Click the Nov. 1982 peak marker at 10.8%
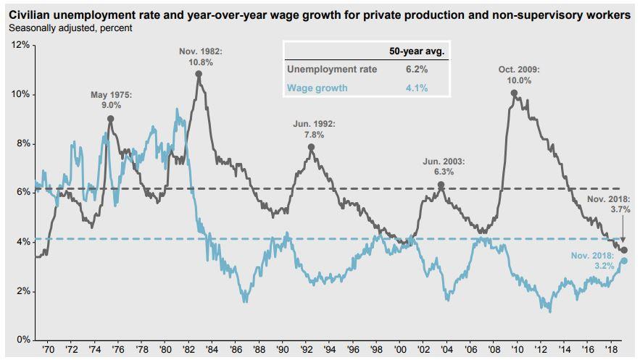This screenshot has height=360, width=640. coord(199,73)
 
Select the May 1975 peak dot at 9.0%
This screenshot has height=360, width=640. coord(110,118)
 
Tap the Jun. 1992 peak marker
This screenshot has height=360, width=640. coord(311,147)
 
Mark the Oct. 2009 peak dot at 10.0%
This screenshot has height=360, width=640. coord(514,93)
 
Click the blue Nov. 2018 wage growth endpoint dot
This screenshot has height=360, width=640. coord(624,261)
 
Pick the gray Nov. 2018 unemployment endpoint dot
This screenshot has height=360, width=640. coord(624,249)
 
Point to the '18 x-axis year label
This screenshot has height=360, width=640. coord(612,349)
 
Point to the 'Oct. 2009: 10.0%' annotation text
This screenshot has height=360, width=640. coord(514,75)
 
